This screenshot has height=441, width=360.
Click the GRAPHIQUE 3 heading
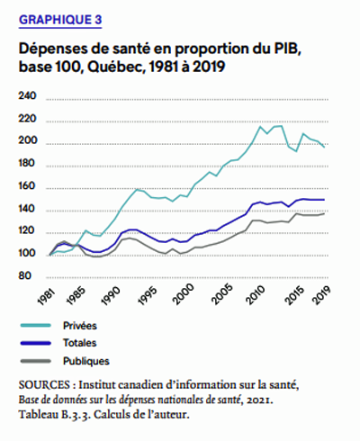[60, 20]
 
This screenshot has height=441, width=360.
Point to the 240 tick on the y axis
[27, 96]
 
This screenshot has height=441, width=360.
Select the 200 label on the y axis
[28, 140]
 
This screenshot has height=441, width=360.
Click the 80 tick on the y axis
[24, 275]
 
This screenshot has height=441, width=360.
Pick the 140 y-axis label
[27, 208]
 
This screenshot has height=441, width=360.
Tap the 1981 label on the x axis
[48, 297]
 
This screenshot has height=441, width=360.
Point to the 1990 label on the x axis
[111, 296]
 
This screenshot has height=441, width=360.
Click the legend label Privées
[80, 326]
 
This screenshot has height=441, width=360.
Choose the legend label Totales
[79, 343]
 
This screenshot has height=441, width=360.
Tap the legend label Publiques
[86, 361]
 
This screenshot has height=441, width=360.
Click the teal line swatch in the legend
[36, 325]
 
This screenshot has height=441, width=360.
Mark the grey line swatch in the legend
[36, 361]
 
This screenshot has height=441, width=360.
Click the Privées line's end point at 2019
[324, 147]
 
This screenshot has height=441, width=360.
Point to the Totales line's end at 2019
[324, 200]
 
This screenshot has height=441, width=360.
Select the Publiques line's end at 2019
[324, 213]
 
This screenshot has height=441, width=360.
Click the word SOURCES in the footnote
[44, 385]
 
